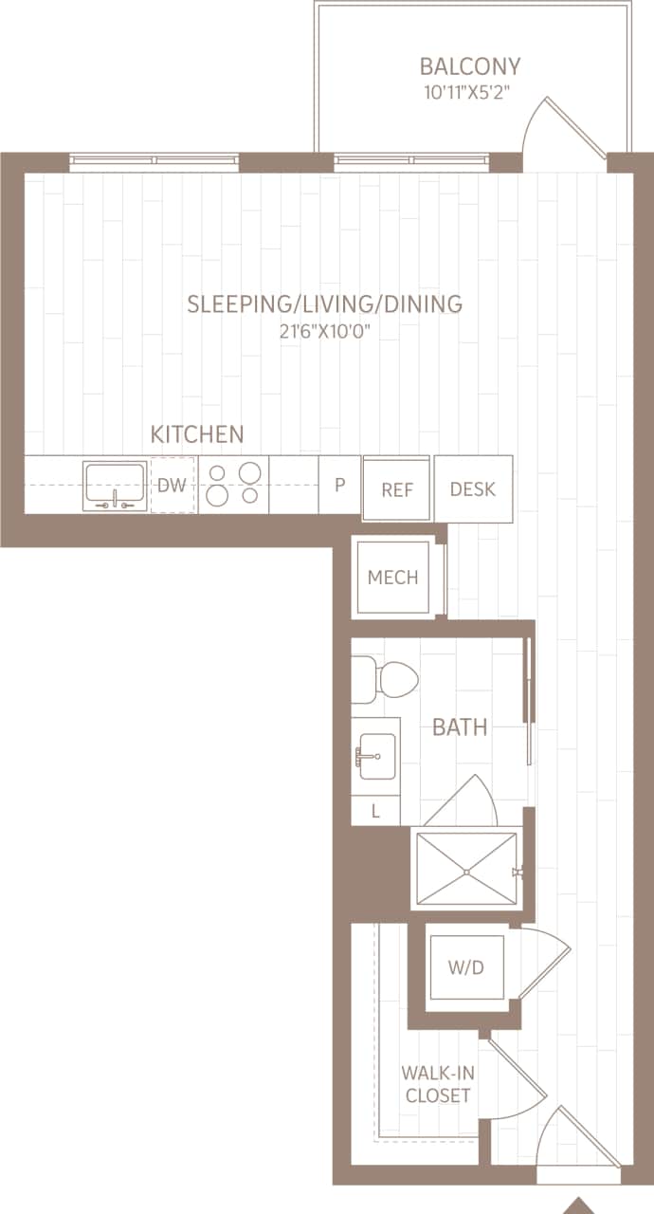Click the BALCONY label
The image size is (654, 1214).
point(470,67)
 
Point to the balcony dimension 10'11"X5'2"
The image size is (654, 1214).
point(470,93)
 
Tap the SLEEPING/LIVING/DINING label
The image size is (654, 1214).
point(324,304)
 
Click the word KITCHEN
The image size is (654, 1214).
point(197,434)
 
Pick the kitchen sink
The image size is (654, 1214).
point(115,485)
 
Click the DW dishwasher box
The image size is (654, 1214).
point(172,486)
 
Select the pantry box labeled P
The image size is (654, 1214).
point(338,485)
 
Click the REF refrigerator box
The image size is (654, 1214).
point(396,489)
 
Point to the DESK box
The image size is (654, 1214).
point(473,488)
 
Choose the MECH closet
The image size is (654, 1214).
point(392,578)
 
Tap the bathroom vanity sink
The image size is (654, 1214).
point(374,756)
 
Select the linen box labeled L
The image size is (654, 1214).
point(375,811)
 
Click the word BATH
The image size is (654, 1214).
point(460,727)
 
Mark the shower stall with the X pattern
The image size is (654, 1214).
point(464,870)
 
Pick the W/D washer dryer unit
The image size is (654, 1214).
point(464,968)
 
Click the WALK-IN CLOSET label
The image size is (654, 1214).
point(437,1084)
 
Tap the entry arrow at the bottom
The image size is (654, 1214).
point(578,1205)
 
